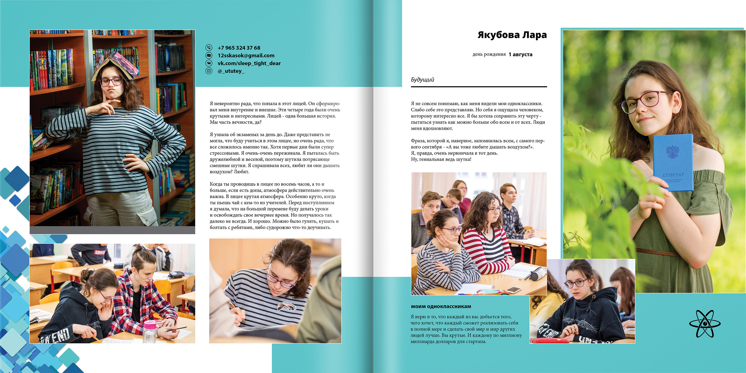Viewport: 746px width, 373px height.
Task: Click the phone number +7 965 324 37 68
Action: pyautogui.click(x=239, y=48)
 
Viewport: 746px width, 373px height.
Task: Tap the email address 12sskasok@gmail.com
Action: pyautogui.click(x=246, y=55)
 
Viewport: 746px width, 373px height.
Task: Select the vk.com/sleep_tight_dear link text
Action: pyautogui.click(x=249, y=63)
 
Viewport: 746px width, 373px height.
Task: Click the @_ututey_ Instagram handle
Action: pyautogui.click(x=231, y=71)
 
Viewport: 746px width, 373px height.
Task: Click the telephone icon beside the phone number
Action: pyautogui.click(x=209, y=47)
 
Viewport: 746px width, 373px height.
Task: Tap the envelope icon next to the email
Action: pyautogui.click(x=209, y=55)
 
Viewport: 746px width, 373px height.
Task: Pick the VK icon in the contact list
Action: pyautogui.click(x=209, y=63)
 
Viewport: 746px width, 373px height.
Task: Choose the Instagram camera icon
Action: pyautogui.click(x=209, y=71)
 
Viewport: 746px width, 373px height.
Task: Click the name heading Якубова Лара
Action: pyautogui.click(x=512, y=35)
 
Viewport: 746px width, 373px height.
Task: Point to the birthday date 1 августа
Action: pyautogui.click(x=520, y=54)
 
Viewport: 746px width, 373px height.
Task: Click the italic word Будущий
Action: pyautogui.click(x=423, y=80)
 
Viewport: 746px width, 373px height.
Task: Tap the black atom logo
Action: pyautogui.click(x=705, y=323)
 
